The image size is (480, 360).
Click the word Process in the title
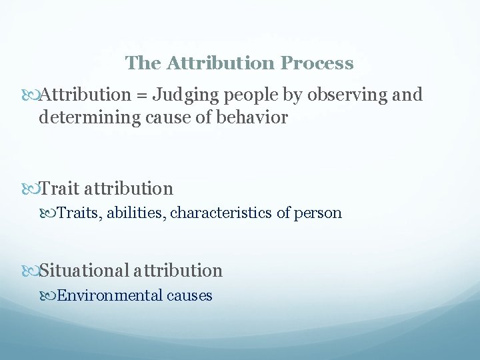(x=317, y=63)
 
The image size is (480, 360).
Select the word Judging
(x=181, y=95)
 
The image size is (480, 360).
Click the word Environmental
(x=110, y=295)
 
